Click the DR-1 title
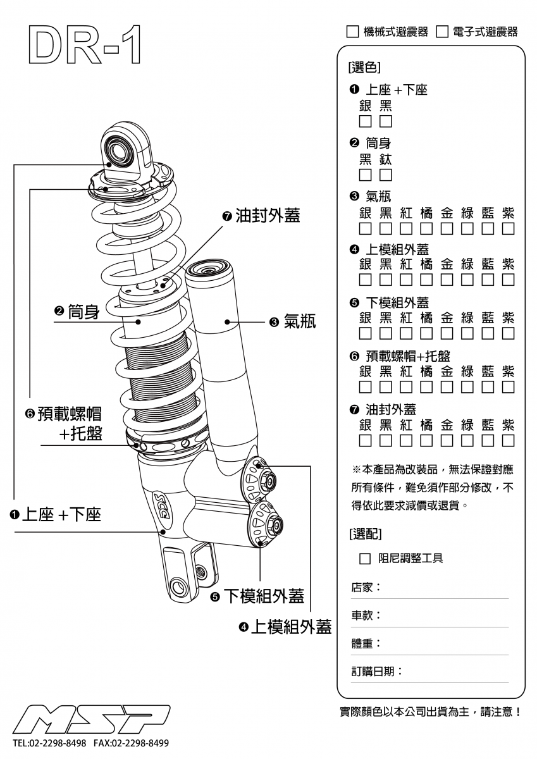[84, 46]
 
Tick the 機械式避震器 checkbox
[352, 32]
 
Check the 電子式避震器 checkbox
[442, 32]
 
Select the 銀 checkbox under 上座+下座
[366, 121]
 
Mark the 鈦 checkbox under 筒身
[386, 175]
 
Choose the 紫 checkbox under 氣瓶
[509, 228]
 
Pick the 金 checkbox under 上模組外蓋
[447, 280]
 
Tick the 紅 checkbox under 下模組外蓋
[406, 333]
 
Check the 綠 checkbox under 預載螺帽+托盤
[467, 386]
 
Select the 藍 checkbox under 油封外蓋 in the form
[488, 440]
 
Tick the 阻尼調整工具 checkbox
[365, 558]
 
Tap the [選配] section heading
[365, 534]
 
